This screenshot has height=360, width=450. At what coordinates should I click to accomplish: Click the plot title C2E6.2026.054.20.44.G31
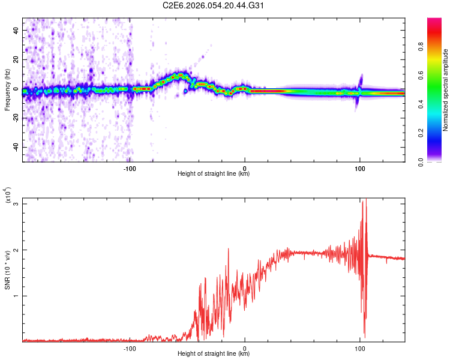[214, 6]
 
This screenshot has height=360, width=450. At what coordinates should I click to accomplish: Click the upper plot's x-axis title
[214, 174]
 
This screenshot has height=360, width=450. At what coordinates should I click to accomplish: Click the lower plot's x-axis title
[214, 354]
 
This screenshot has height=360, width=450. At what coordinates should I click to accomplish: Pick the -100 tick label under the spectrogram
[130, 168]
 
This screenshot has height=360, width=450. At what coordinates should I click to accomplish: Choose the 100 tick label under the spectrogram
[360, 168]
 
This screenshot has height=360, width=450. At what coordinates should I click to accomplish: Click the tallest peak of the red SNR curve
[365, 200]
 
